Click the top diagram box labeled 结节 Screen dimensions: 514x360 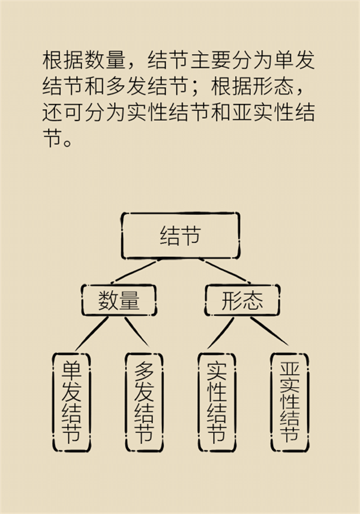(180, 235)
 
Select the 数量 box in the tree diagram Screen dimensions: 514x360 (119, 300)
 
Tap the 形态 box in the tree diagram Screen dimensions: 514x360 (242, 300)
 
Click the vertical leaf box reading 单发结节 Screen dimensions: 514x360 (71, 401)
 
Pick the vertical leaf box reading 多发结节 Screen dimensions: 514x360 (144, 401)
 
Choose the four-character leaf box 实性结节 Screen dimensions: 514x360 (217, 401)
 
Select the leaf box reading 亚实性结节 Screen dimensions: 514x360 (289, 401)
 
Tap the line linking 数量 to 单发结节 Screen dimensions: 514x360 (92, 333)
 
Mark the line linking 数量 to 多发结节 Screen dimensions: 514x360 (136, 334)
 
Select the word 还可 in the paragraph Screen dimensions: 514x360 (60, 114)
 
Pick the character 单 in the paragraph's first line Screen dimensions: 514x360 (282, 61)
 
